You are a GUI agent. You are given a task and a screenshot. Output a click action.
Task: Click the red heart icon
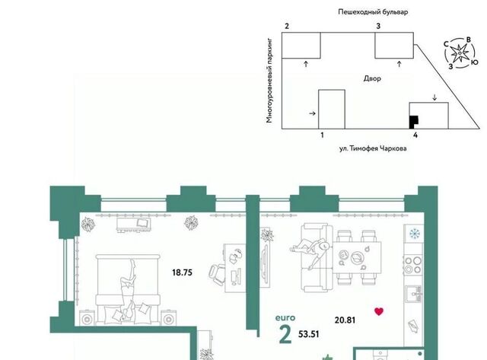click(379, 311)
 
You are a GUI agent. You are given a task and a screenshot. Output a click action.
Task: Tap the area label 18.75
click(182, 272)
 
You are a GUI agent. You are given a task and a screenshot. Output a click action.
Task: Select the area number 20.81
click(345, 320)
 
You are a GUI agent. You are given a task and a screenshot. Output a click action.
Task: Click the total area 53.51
click(309, 334)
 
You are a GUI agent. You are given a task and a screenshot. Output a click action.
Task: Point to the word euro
click(285, 317)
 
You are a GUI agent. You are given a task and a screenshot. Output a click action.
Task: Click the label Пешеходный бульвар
click(373, 12)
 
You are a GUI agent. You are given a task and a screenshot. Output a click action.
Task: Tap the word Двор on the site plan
click(372, 78)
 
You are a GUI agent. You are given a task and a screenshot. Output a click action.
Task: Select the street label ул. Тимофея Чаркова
click(373, 148)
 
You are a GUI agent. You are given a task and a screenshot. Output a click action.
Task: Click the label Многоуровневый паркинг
click(269, 81)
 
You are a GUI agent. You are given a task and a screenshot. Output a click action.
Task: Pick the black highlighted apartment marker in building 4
click(413, 122)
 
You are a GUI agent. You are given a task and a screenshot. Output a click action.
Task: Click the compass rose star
click(459, 54)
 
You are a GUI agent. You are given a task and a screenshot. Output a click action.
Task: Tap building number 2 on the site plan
click(287, 27)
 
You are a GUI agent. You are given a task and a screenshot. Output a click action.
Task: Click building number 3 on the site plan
click(378, 27)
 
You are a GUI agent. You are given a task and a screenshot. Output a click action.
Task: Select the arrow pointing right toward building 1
click(313, 113)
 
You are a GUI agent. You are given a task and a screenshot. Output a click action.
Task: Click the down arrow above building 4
click(434, 97)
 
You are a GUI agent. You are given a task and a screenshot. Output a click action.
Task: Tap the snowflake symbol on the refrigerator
click(414, 234)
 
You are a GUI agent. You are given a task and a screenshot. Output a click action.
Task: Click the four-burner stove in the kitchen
click(413, 265)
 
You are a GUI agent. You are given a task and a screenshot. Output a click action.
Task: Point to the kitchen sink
click(413, 294)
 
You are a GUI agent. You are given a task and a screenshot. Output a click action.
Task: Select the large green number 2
click(285, 336)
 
